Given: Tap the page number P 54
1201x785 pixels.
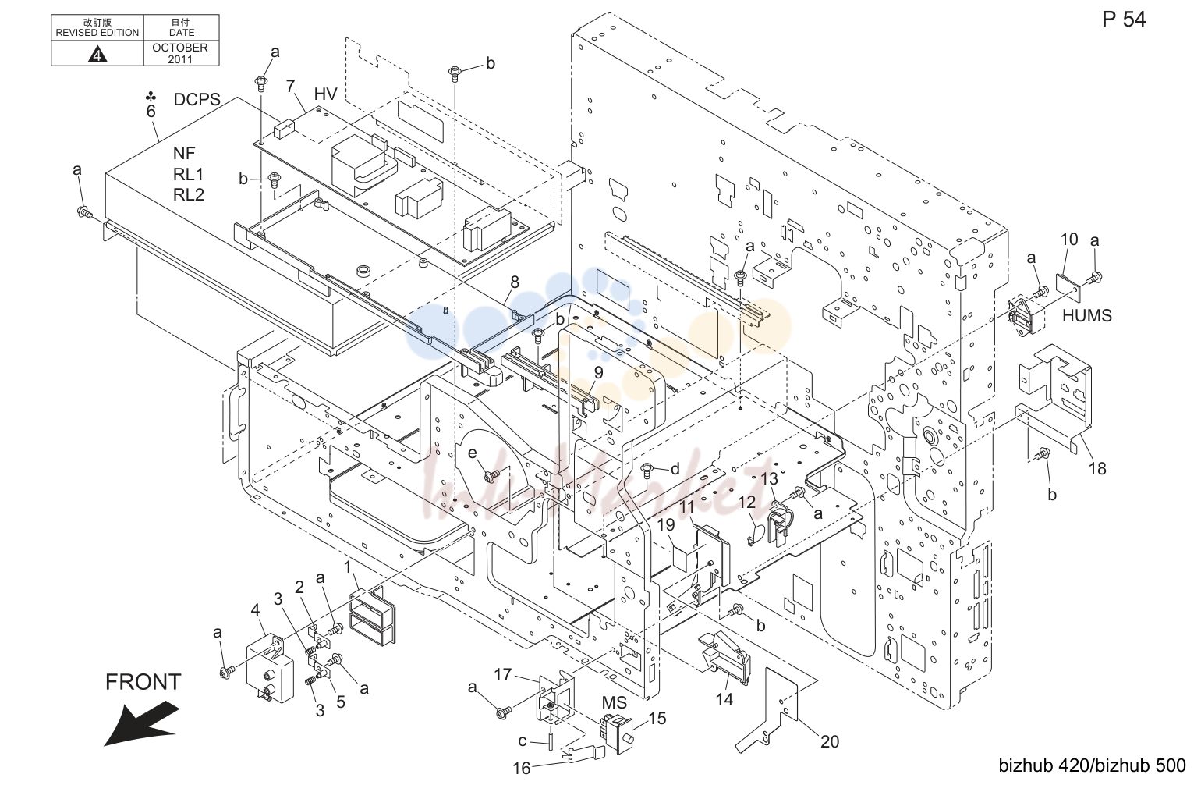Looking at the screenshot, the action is coord(1124,20).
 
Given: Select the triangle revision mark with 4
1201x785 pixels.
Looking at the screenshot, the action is coord(97,54).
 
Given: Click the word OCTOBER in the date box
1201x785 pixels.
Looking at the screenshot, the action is coord(180,48).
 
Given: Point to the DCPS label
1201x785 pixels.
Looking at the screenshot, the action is coord(197,99).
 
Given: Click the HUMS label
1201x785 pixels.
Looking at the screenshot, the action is coord(1087,315).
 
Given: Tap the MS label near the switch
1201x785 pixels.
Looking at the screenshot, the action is coord(614,702).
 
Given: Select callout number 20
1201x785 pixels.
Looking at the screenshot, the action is coord(830,741).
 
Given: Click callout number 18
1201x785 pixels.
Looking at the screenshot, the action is coord(1097,468).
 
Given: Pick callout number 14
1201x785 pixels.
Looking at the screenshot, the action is coord(724,699).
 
